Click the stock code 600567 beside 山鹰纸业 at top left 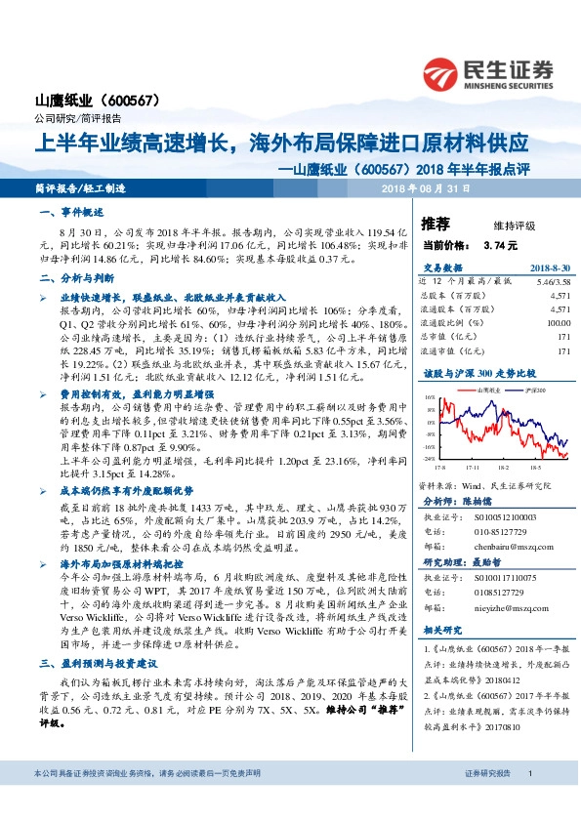[139, 101]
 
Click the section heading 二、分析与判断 [73, 278]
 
